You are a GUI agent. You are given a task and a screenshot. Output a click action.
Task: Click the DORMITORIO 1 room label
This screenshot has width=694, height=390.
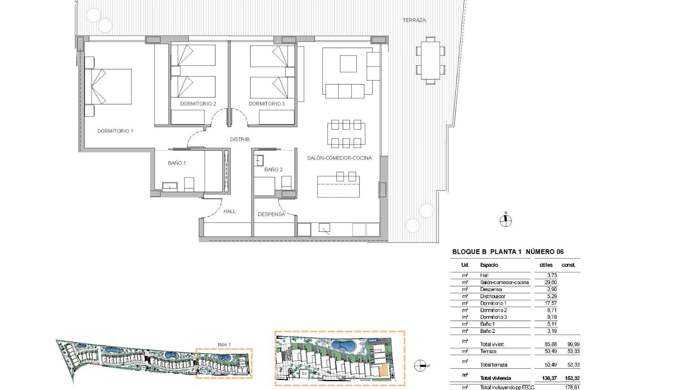coord(115,131)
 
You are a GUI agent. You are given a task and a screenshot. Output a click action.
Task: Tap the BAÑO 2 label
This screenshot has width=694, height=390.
coord(273,169)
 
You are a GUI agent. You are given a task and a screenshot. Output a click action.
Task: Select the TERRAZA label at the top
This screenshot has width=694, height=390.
coord(414,20)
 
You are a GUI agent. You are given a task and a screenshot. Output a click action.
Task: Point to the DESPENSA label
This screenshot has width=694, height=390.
coord(271,214)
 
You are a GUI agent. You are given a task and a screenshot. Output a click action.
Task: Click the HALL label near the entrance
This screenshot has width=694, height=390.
coord(230,211)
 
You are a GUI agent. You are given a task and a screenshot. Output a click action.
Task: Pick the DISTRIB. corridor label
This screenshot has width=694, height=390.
coord(240,139)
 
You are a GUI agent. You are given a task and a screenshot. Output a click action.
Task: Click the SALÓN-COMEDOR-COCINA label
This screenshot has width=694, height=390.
coord(339,158)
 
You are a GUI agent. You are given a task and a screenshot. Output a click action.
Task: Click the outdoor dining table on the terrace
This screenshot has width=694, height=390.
coord(430,60)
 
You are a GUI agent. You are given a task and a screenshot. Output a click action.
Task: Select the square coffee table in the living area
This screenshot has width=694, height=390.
coord(348,64)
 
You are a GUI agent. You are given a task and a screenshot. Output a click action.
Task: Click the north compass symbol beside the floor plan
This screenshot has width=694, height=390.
coord(506,221)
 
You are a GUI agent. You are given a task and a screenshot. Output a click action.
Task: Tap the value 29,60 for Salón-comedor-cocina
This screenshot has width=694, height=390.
coord(551,282)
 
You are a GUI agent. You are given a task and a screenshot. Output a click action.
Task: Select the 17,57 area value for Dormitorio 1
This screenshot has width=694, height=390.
coord(551,303)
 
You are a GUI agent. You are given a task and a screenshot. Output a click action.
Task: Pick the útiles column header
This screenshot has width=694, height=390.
coord(546,265)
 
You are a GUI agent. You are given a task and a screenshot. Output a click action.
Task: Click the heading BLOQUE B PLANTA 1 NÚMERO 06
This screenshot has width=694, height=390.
coord(508,252)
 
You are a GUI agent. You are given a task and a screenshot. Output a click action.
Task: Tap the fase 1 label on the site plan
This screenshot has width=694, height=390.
coord(224,344)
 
